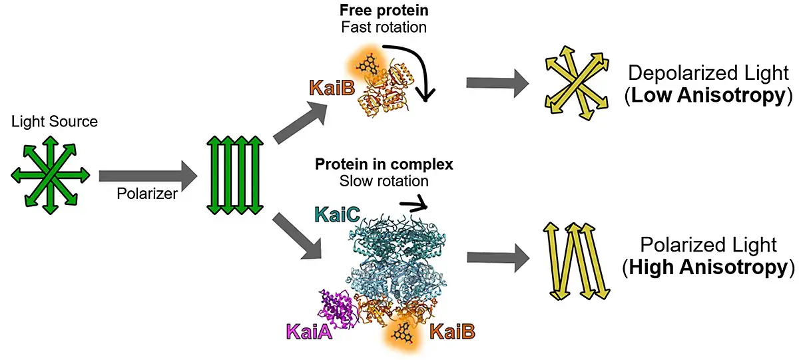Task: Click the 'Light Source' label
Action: click(x=55, y=122)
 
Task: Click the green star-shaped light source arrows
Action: click(x=50, y=174)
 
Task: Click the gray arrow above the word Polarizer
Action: click(x=148, y=176)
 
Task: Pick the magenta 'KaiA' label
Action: click(x=308, y=330)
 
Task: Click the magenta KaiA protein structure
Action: click(x=340, y=309)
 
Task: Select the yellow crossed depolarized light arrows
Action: click(x=575, y=83)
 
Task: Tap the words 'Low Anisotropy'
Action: click(x=707, y=96)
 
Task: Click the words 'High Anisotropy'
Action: click(x=708, y=268)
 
